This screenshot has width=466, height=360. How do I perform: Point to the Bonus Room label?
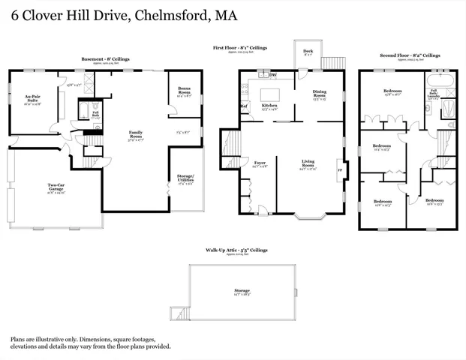pos(184,91)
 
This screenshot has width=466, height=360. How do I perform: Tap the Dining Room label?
pos(320,94)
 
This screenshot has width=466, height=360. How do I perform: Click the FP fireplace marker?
pos(340,170)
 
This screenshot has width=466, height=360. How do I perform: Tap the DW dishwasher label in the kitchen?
pos(272,75)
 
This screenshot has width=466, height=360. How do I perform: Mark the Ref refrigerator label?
pos(244,106)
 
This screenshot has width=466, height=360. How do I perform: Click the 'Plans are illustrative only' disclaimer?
pos(90,343)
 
